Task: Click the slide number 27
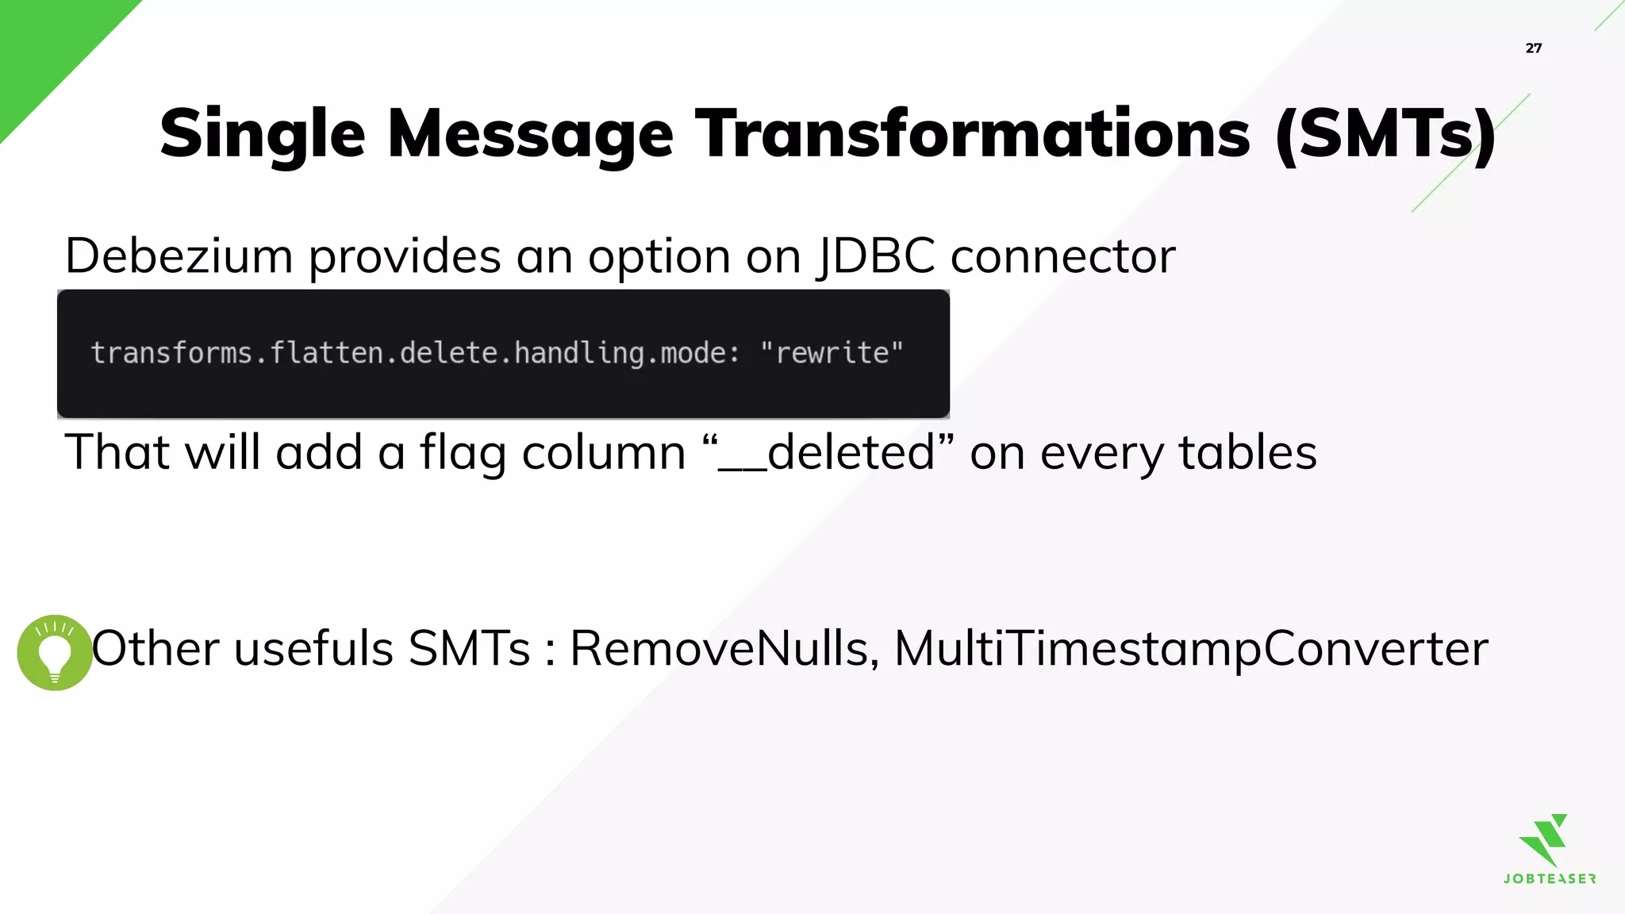point(1533,48)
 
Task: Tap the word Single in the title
point(262,133)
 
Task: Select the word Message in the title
point(530,133)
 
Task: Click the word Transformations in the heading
point(973,133)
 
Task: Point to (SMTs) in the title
point(1385,135)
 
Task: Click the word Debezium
point(179,256)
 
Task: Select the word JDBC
point(876,256)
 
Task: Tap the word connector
point(1062,256)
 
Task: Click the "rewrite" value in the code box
point(832,353)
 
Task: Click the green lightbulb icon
point(55,652)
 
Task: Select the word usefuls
point(313,648)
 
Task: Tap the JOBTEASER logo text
point(1550,879)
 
